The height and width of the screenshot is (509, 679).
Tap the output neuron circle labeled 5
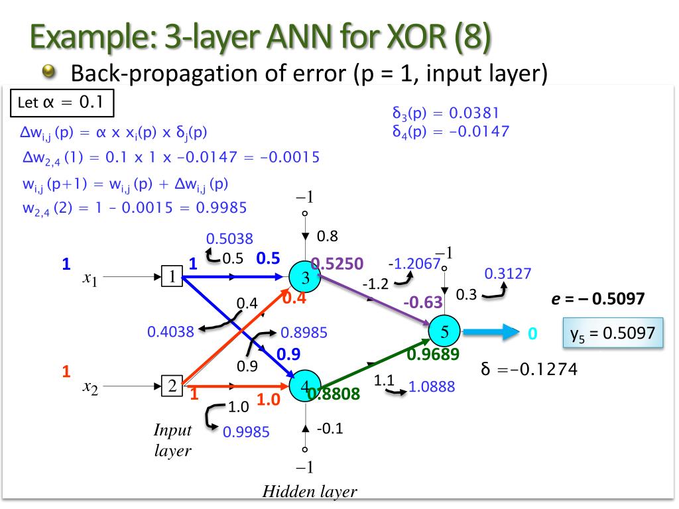coord(445,332)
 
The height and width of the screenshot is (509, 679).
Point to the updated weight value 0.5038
coord(229,239)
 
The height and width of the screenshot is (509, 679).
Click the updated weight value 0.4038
coord(170,332)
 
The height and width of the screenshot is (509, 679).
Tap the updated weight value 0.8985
coord(304,332)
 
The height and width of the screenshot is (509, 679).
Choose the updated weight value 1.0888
coord(432,386)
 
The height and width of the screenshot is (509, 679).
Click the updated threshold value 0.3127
coord(508,274)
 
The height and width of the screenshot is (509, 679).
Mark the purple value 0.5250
coord(338,264)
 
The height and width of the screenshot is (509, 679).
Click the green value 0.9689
coord(432,355)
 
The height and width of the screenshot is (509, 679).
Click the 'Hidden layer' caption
coord(310,492)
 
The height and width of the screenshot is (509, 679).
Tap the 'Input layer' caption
coord(173,440)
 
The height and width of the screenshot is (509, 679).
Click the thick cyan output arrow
coord(491,332)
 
